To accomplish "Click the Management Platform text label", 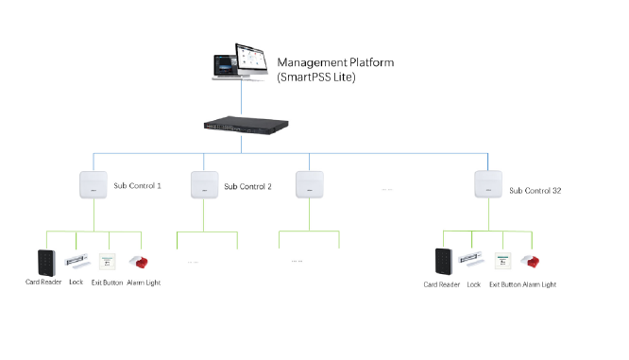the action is tap(335, 62).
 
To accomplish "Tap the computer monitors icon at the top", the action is tap(240, 62).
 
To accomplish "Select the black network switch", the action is tap(246, 125).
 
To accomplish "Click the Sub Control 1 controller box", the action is tap(93, 184).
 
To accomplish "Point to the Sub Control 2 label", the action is tap(247, 187).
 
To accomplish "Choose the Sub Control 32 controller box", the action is tap(488, 184).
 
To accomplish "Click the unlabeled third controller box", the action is tap(310, 184).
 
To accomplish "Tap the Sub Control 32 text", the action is tap(535, 191).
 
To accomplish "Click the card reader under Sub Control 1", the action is tap(46, 263).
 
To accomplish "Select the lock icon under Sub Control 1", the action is tap(77, 262).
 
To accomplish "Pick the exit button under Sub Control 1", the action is tap(108, 262).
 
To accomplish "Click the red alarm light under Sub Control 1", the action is tap(139, 262).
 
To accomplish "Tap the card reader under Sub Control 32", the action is tap(444, 262).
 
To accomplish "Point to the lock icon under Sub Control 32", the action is tap(472, 259).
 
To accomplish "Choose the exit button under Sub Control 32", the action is tap(503, 261).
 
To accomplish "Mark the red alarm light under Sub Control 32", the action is tap(531, 262).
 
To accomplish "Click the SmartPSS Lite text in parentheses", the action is tap(316, 77).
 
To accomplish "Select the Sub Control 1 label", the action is tap(137, 186).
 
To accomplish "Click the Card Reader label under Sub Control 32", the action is tap(442, 284).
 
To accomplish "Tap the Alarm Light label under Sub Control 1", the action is tap(144, 283).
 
